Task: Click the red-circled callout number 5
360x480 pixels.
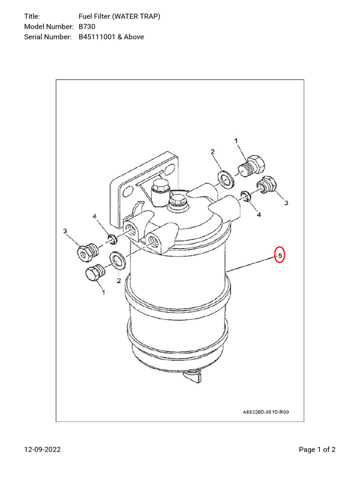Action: click(279, 255)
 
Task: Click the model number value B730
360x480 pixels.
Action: click(87, 27)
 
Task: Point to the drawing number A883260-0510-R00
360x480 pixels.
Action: click(266, 412)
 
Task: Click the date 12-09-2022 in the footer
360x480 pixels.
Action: click(43, 450)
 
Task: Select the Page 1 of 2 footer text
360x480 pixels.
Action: click(317, 450)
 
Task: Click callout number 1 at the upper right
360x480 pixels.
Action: click(236, 141)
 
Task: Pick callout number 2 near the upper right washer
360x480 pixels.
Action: click(212, 152)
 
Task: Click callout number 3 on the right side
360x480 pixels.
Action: click(286, 203)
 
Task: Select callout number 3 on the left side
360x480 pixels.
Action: click(65, 231)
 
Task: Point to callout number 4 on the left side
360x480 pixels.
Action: click(95, 217)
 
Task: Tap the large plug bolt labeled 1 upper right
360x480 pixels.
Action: click(253, 165)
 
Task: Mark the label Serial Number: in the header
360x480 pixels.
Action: click(47, 37)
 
